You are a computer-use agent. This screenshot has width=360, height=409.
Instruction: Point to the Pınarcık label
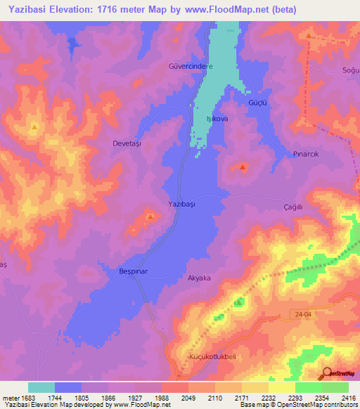coord(307,154)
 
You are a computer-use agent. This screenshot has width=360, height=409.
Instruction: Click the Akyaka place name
coord(199,278)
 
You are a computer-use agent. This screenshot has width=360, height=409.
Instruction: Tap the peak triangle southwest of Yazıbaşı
coord(150,217)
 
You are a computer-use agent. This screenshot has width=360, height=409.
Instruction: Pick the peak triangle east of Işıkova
coord(243,167)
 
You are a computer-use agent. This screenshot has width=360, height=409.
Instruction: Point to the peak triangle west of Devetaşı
coord(34,126)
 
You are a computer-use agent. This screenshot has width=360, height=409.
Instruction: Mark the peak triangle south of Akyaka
coord(239,303)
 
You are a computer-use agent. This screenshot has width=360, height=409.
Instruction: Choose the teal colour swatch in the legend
coord(41,387)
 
